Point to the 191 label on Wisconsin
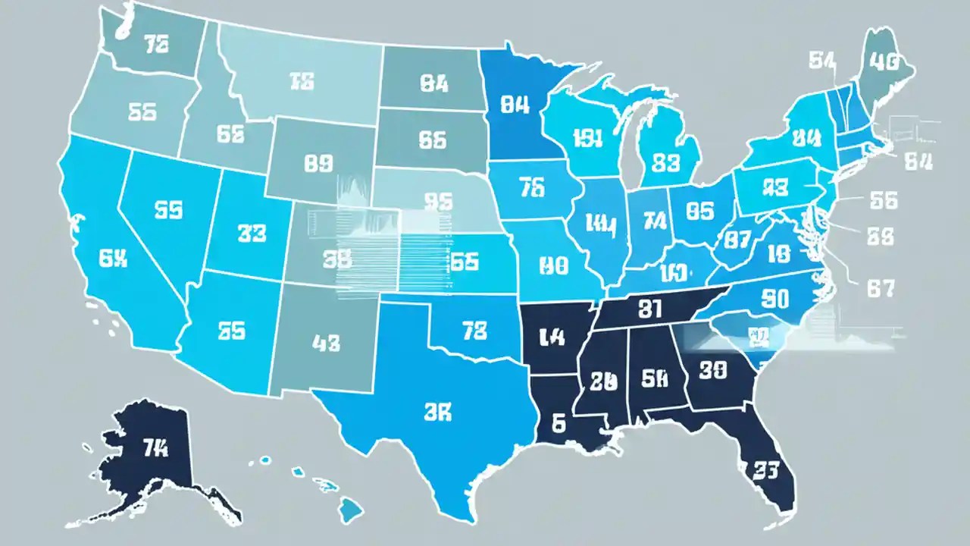587,138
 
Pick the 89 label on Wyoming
318,162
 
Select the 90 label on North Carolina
774,299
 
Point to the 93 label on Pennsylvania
776,187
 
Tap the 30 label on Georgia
712,370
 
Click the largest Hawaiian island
350,509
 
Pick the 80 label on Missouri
553,266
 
